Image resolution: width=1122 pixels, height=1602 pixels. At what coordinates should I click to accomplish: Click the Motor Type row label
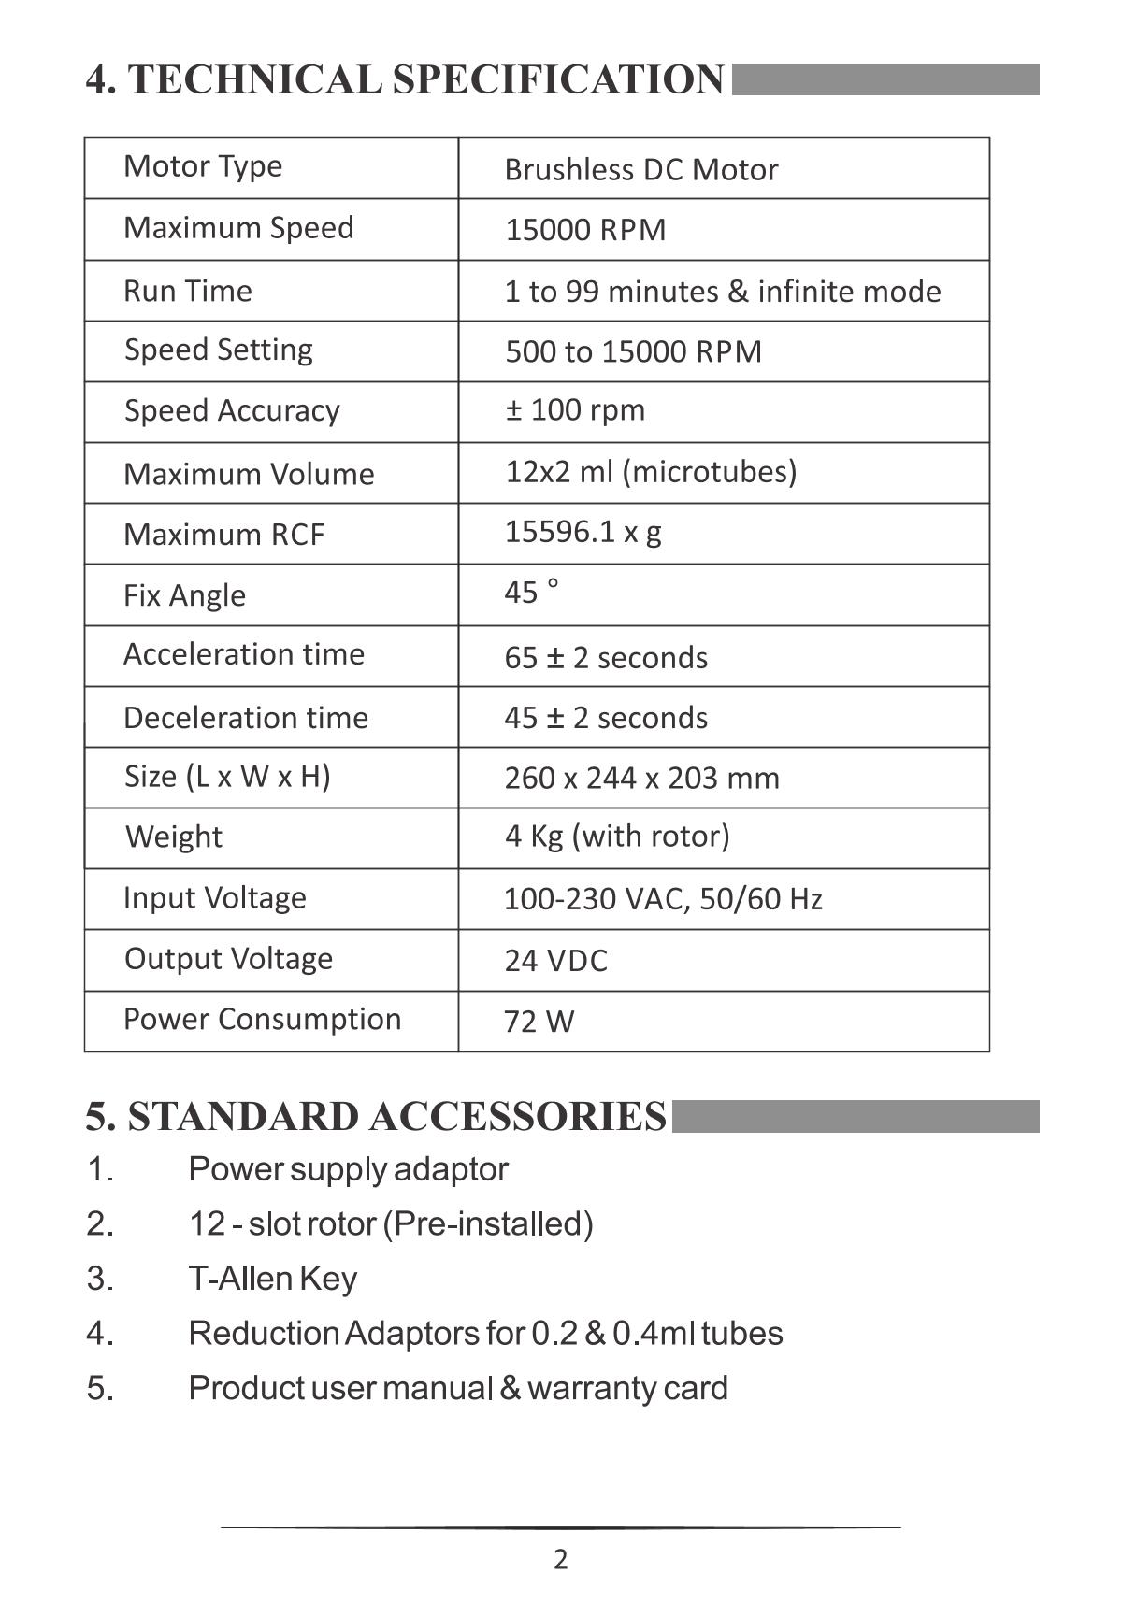point(203,166)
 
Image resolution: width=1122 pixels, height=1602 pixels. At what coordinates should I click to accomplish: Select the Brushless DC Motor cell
point(640,170)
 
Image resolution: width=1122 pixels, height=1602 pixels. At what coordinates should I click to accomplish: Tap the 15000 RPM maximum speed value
point(585,230)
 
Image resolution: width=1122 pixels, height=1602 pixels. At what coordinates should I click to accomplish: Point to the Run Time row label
point(188,291)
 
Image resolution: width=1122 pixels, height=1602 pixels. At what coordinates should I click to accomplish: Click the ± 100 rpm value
point(575,410)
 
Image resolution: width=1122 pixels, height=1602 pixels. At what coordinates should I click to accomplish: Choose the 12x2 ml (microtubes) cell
point(651,471)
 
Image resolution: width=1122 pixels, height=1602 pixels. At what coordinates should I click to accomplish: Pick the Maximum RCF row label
point(223,535)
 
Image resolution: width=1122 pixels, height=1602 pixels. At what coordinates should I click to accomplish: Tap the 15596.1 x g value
point(583,532)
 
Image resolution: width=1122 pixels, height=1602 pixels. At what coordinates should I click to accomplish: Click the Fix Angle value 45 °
point(531,593)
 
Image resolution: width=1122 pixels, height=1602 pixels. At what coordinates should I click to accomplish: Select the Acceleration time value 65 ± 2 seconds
point(606,658)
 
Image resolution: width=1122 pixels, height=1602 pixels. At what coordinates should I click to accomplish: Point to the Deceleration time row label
point(246,718)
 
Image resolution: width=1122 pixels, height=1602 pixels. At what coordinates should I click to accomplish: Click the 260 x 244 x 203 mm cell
point(641,778)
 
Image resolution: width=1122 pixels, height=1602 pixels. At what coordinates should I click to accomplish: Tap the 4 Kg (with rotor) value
point(617,836)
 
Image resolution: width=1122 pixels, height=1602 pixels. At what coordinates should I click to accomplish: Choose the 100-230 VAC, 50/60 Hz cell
point(663,899)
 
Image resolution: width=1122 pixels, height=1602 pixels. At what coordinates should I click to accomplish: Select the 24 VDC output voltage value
point(555,961)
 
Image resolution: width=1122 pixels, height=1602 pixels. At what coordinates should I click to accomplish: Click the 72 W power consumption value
point(539,1022)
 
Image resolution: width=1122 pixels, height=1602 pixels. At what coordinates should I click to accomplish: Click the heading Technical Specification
point(405,79)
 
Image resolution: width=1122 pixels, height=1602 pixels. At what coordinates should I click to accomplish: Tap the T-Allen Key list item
point(272,1278)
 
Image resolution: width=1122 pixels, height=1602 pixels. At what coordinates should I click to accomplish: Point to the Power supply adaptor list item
point(348,1169)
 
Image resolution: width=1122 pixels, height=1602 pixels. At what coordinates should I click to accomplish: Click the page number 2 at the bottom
point(560,1559)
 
